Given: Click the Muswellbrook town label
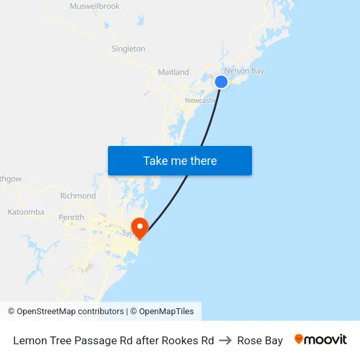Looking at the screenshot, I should point(95,7).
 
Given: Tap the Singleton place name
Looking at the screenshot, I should point(128,48).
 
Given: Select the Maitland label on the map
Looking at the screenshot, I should point(173,72).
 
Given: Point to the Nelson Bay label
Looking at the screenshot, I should point(244,71).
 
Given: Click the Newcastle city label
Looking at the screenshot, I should point(200,100).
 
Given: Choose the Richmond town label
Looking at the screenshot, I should point(78,196).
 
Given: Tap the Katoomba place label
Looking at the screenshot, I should point(26,212).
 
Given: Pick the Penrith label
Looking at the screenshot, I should point(71,217).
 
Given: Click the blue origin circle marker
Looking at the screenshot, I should point(221,82).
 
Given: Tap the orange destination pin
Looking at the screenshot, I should point(139,227).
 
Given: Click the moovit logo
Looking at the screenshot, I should point(320,340).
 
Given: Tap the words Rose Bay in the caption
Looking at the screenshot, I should point(260,340).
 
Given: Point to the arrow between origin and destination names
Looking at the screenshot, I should point(225,340).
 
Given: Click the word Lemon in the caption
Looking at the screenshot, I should point(29,340).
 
